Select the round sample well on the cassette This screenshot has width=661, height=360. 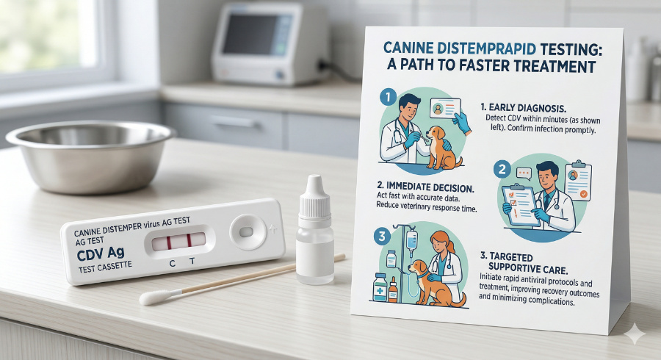pos(246,231)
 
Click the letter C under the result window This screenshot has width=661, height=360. pos(172,262)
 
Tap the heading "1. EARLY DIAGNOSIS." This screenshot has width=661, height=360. pos(518,106)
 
